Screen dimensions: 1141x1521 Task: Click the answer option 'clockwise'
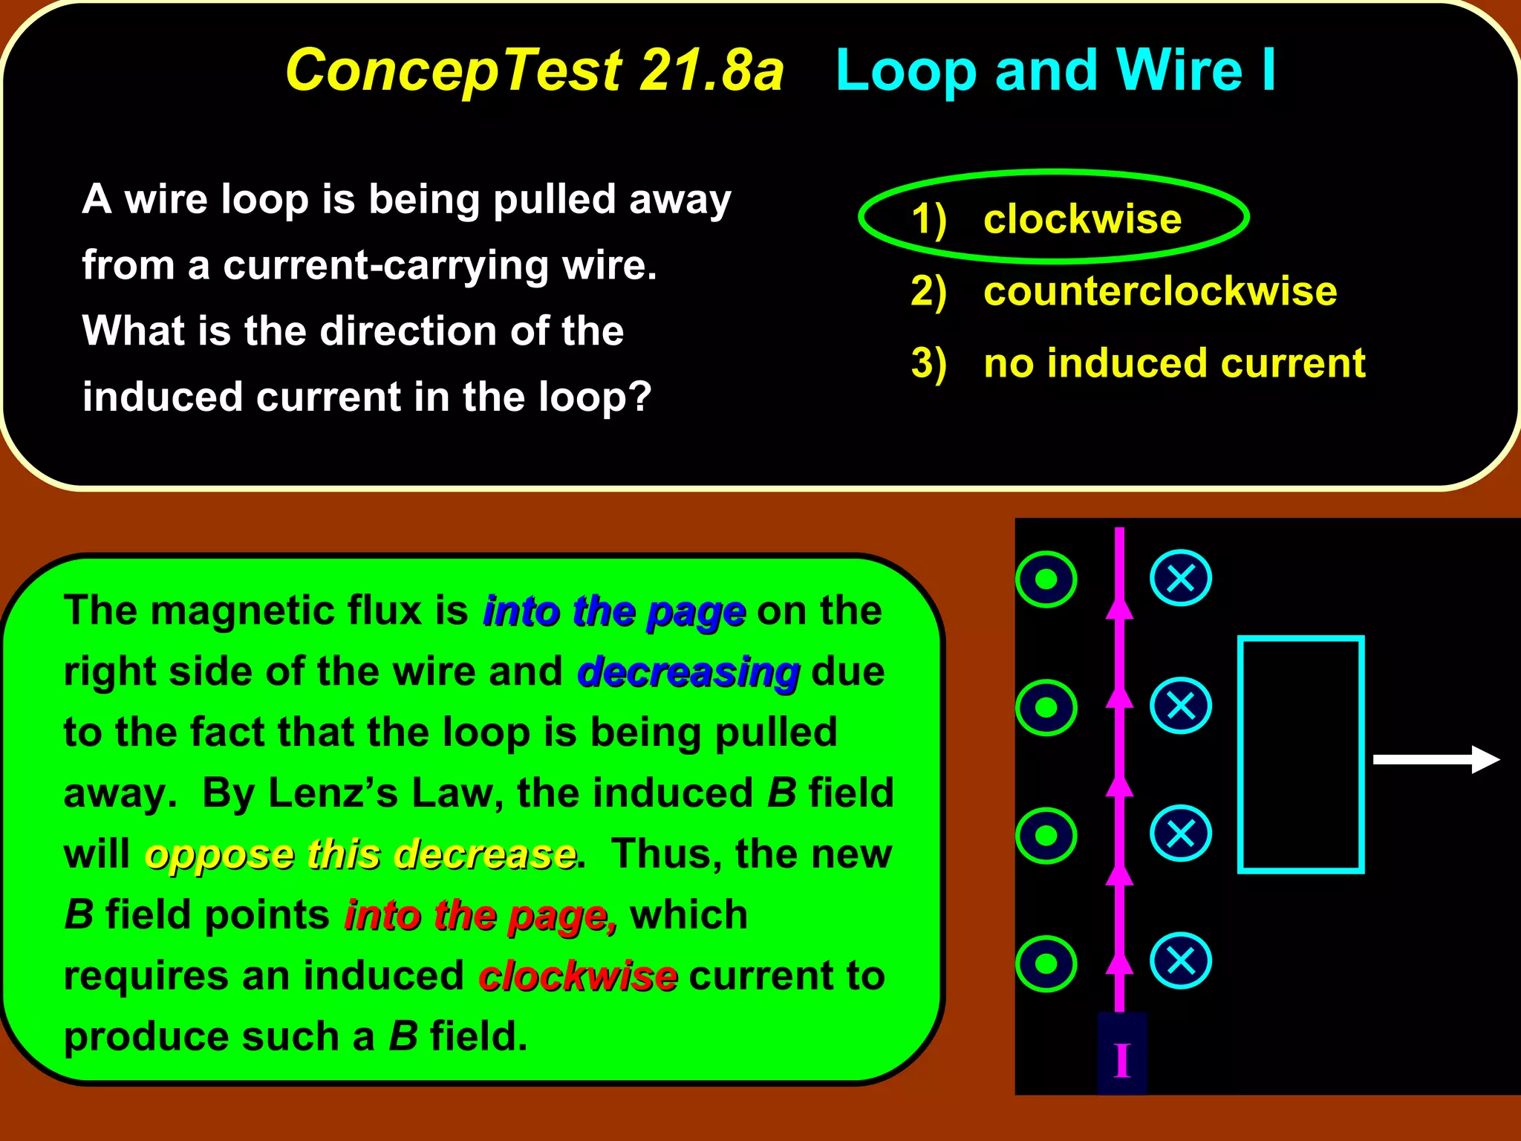[1082, 219]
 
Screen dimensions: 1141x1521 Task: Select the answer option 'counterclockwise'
[1160, 291]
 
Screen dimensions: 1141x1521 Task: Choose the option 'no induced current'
[1174, 363]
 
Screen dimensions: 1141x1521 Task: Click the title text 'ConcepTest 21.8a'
[535, 71]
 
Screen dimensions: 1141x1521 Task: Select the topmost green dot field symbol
[1046, 579]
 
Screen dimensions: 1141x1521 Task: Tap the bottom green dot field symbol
[1046, 963]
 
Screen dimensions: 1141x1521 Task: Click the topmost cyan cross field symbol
[1181, 578]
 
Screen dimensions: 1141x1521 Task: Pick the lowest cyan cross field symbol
[1181, 961]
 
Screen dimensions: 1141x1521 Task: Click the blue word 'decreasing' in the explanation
[688, 672]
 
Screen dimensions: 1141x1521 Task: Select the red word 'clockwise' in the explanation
[578, 976]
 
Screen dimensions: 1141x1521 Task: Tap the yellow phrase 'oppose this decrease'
[360, 854]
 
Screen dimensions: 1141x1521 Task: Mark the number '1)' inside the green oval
[928, 220]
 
